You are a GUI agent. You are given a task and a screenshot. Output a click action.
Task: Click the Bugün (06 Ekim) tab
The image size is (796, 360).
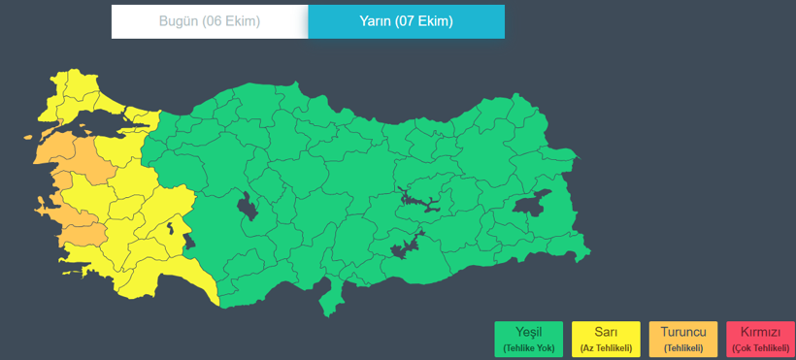pos(210,21)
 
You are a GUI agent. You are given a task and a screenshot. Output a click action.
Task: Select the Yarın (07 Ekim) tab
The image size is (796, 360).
pos(406,21)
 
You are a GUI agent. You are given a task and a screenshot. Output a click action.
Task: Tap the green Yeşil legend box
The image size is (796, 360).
pos(528,339)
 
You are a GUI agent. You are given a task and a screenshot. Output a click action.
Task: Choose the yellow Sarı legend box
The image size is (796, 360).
pos(606,339)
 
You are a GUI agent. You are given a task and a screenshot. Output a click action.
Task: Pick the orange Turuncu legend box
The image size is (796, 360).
pos(683,339)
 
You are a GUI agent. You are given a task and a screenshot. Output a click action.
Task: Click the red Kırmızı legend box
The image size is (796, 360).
pos(759,339)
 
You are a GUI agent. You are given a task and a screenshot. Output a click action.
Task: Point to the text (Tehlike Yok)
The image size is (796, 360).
pos(528,347)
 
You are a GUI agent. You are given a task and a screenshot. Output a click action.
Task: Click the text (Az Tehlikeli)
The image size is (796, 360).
pos(606,347)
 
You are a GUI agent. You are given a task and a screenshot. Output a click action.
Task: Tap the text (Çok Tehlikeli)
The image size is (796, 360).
pos(759,347)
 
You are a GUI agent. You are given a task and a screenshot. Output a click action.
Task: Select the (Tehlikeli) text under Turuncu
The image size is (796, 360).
pos(683,347)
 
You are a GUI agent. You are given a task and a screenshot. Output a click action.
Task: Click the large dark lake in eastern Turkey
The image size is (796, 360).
pos(531,203)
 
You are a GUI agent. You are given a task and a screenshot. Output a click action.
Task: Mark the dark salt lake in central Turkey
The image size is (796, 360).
pos(247,207)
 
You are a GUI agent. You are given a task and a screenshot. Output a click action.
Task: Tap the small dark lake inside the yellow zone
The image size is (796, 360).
pos(171,230)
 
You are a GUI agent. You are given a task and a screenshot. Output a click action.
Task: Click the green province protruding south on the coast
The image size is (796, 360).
pos(335,296)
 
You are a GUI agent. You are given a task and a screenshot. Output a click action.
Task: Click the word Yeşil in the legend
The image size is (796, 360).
pos(528,332)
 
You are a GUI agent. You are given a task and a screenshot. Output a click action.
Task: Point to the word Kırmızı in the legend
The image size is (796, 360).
pos(759,332)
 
